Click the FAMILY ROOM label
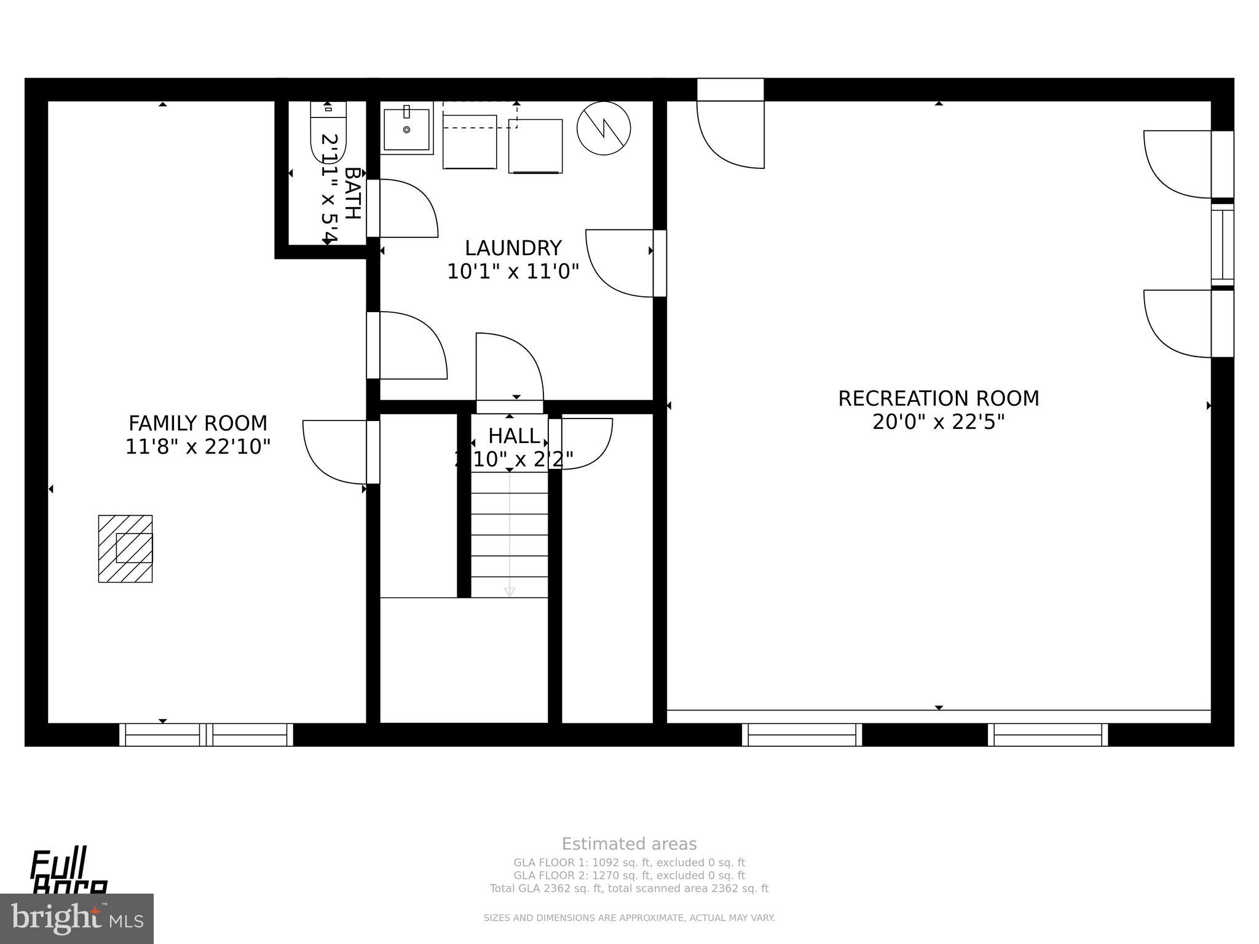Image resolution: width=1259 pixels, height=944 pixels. point(198,423)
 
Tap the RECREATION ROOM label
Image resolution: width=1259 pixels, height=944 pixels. point(938,398)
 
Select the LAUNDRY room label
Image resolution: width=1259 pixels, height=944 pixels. point(513,248)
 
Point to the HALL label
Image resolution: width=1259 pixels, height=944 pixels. point(514,436)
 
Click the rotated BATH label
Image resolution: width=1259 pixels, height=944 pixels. point(352,193)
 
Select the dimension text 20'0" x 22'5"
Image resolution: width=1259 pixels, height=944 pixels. point(938,422)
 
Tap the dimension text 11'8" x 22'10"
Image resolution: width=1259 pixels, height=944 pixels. point(198,447)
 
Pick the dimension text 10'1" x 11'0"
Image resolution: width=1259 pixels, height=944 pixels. point(513,272)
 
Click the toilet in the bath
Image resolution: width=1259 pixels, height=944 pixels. point(328,132)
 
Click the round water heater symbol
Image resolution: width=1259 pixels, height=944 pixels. point(603,128)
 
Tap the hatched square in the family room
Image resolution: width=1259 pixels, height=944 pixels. point(125,548)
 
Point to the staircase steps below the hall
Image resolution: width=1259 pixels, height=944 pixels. point(509,535)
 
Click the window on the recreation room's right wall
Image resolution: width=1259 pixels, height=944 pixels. point(1222,244)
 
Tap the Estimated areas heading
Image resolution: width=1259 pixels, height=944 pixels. point(629,844)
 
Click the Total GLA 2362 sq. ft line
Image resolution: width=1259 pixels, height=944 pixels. point(629,888)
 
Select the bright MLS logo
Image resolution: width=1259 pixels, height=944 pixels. point(77,918)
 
